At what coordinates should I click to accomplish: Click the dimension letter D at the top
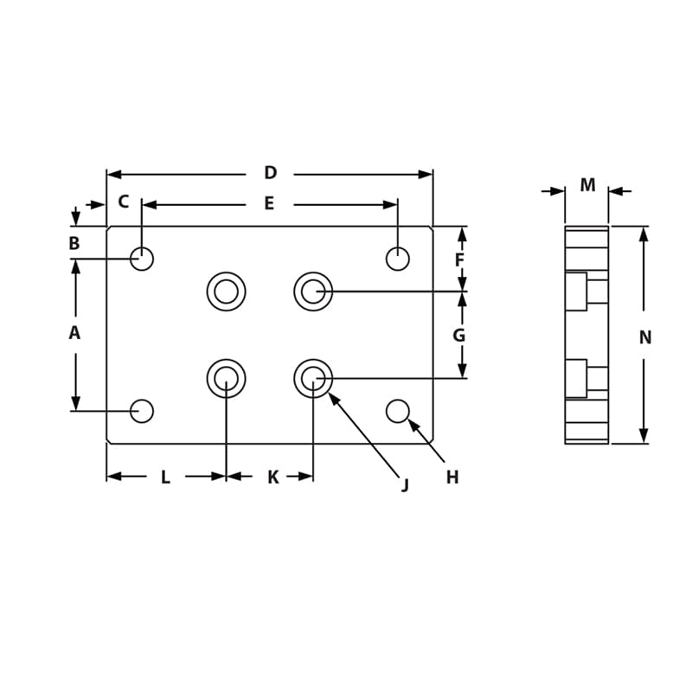(270, 173)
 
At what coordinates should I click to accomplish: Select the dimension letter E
(269, 204)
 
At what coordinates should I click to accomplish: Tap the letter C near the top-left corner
(123, 202)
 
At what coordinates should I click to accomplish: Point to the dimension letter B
(74, 244)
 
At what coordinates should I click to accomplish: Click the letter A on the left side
(74, 333)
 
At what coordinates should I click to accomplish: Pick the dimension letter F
(459, 260)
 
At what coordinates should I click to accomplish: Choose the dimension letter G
(459, 336)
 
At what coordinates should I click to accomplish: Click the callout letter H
(452, 477)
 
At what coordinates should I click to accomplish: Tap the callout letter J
(405, 484)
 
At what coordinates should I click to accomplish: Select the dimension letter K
(272, 477)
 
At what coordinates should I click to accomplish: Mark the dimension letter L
(165, 477)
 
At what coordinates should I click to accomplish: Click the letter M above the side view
(587, 185)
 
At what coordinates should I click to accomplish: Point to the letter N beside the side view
(645, 338)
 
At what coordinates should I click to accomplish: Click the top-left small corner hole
(142, 259)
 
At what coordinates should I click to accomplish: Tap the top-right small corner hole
(398, 259)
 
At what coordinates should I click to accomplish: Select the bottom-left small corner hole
(142, 411)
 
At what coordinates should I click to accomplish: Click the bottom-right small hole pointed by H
(398, 411)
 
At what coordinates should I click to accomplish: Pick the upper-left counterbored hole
(226, 292)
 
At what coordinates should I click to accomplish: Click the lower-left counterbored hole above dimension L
(226, 378)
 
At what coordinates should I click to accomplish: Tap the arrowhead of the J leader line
(332, 397)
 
